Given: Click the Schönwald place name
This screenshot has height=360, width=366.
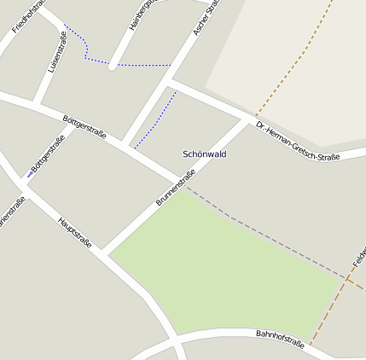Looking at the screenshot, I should pos(205,154).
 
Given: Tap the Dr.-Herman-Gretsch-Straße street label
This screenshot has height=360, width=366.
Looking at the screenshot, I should pos(298,142).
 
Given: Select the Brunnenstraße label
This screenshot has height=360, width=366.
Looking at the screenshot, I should pos(176,189).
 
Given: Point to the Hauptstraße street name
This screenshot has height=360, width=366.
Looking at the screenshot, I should pos(75,233).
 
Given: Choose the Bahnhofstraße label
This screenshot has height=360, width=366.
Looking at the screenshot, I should pos(280,338).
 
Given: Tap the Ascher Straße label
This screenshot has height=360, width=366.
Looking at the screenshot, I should pos(206,17).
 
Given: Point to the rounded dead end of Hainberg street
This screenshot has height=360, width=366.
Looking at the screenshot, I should pos(112,66).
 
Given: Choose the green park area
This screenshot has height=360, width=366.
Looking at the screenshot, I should pos(222,273).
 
